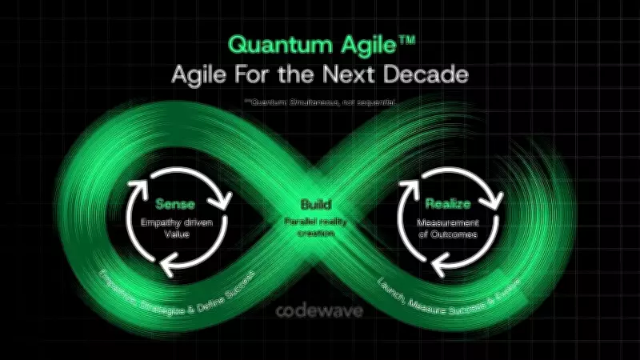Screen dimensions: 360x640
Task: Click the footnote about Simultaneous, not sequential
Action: [x=320, y=102]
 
